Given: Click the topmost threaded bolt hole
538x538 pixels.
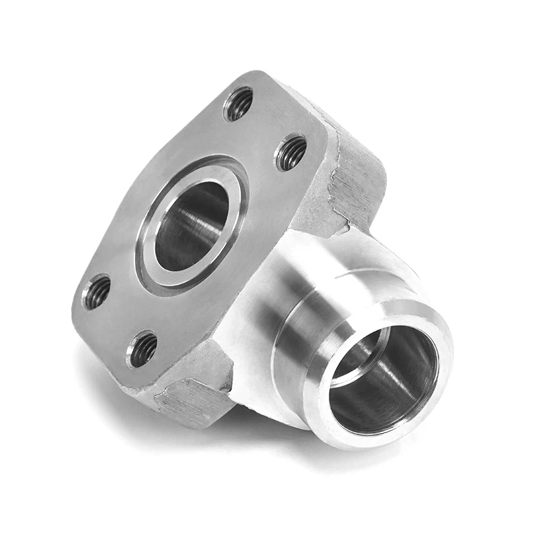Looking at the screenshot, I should click(239, 104).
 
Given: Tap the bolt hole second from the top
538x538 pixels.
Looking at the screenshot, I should click(291, 153).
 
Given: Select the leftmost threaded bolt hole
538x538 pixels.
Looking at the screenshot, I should click(97, 292).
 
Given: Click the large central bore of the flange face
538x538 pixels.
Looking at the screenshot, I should click(191, 225).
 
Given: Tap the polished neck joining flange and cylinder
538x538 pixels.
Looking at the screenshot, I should click(269, 282).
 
